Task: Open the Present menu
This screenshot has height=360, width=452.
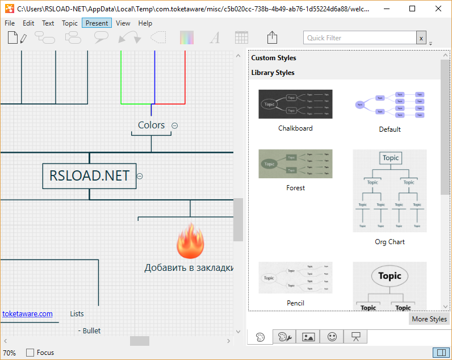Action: tap(97, 23)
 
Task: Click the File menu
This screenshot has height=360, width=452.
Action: tap(10, 23)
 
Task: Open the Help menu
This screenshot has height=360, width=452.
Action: tap(145, 23)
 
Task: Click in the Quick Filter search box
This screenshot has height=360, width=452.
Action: tap(359, 38)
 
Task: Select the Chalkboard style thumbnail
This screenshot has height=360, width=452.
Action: tap(295, 104)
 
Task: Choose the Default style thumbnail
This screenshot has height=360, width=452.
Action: tap(390, 104)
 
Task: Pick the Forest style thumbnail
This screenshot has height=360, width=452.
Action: tap(295, 164)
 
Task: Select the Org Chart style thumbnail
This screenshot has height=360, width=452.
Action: tap(390, 191)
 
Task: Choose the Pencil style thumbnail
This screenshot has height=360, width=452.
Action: tap(295, 278)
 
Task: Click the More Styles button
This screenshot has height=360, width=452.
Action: tap(429, 319)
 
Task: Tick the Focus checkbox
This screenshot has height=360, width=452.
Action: tap(30, 353)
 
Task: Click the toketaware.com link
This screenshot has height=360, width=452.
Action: tap(27, 313)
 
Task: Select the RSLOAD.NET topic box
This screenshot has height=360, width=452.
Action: tap(89, 176)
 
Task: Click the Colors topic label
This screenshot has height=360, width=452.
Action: tap(151, 125)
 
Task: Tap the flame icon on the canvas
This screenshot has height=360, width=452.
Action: tap(190, 240)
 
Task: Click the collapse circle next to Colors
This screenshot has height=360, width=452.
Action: tap(175, 125)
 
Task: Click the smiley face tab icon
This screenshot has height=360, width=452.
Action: tap(332, 337)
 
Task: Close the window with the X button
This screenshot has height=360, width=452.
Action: tap(438, 9)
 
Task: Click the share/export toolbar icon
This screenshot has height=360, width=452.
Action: tap(272, 37)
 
